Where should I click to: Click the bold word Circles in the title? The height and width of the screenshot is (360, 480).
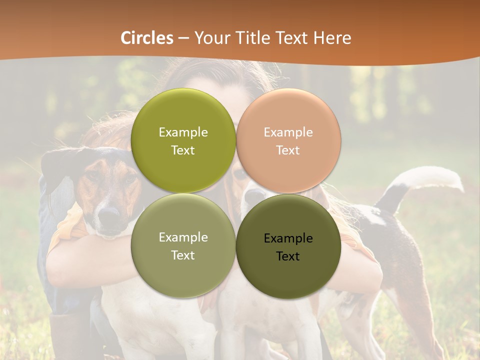tap(146, 38)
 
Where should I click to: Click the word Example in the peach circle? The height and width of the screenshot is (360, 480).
tap(288, 132)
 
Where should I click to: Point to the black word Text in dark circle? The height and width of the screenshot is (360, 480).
tap(288, 256)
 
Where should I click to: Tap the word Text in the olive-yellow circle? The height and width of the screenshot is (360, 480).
tap(183, 150)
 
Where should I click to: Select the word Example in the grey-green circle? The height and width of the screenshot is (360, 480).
tap(183, 237)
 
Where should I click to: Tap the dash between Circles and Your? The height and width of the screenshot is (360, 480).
tap(183, 38)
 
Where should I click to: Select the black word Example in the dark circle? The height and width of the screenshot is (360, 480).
tap(288, 238)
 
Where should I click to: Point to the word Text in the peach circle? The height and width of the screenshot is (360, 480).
tap(288, 150)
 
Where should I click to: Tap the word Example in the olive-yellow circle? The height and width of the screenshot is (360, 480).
tap(183, 132)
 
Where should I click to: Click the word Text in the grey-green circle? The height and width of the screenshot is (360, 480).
tap(183, 255)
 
